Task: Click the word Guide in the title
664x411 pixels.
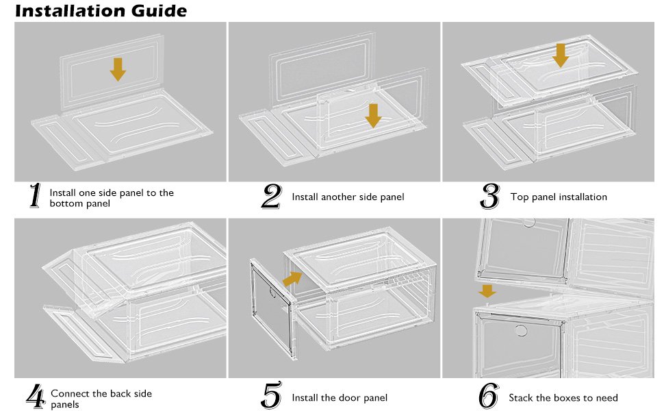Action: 159,11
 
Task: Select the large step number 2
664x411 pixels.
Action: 271,197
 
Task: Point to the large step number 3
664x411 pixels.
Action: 489,197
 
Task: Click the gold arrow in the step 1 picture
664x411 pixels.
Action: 118,69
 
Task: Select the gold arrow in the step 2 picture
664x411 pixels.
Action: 373,115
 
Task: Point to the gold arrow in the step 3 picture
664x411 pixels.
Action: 561,55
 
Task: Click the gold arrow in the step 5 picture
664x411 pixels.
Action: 292,278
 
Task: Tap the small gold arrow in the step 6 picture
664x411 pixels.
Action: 487,291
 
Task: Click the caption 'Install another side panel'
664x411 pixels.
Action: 348,197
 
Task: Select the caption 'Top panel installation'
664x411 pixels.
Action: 559,197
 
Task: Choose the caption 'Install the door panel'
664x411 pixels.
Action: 340,398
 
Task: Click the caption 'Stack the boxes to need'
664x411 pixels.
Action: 563,398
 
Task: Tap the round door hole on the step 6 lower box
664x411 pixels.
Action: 521,331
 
